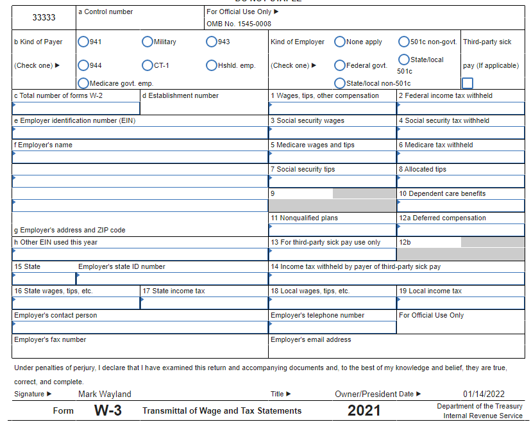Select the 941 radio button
click(83, 42)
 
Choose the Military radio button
click(147, 42)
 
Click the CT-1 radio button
click(147, 65)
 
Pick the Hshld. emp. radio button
click(212, 65)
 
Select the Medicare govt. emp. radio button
click(83, 83)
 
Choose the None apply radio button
click(340, 42)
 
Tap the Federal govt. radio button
click(340, 65)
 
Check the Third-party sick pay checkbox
click(468, 83)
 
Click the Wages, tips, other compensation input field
click(332, 108)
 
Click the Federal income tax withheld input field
click(460, 108)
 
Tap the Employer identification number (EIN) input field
click(140, 133)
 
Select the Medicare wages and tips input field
click(332, 157)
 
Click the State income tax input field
click(204, 303)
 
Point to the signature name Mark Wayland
click(105, 394)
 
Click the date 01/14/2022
click(484, 394)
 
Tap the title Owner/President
click(366, 394)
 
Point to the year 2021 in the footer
click(364, 410)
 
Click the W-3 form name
click(108, 410)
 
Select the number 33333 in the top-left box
click(44, 17)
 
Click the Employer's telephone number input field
click(332, 327)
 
